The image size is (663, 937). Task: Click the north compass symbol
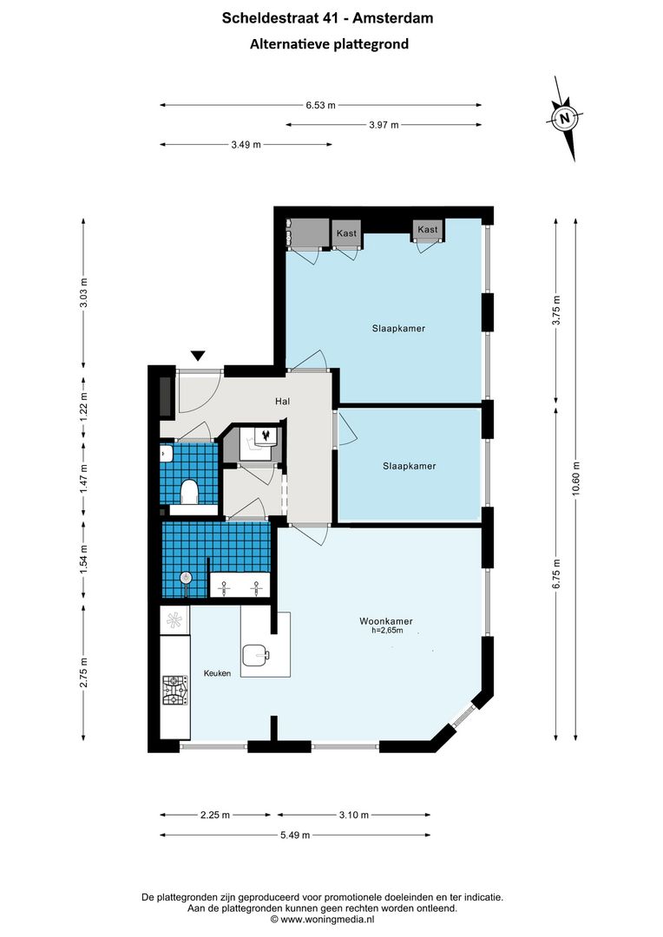tap(566, 118)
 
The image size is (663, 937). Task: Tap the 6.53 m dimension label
tap(320, 106)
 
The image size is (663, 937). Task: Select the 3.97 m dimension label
tap(384, 126)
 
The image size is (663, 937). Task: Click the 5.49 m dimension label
tap(295, 835)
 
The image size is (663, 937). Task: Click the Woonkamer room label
tap(386, 621)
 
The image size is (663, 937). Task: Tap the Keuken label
tap(217, 673)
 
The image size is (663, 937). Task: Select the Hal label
tap(282, 402)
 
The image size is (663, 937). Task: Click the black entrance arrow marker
tap(198, 355)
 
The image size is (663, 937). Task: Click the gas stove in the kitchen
tap(174, 691)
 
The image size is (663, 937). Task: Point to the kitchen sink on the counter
tap(175, 619)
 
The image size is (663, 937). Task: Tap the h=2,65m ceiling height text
tap(386, 631)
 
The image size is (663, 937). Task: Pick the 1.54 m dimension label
tap(84, 556)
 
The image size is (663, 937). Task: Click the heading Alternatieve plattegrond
tap(329, 43)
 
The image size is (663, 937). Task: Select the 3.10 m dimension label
tap(353, 815)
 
